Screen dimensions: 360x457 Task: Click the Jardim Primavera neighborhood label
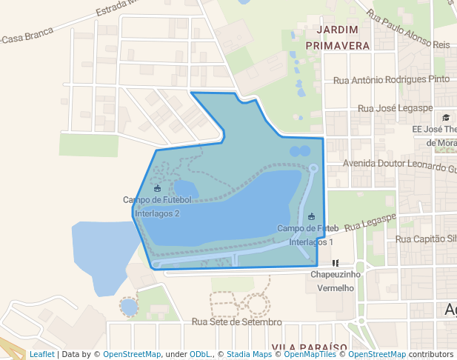tap(342, 37)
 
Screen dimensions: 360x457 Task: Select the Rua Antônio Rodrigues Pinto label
tap(392, 79)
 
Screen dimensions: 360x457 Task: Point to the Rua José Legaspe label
tap(395, 108)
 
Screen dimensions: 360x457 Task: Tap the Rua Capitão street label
tap(426, 239)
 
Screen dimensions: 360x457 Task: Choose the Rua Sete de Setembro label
tap(237, 321)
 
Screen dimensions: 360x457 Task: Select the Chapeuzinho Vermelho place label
tap(335, 281)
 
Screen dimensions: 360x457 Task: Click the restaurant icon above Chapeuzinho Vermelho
tap(336, 262)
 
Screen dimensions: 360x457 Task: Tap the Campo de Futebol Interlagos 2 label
tap(157, 206)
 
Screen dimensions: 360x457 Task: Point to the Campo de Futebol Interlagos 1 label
tap(310, 235)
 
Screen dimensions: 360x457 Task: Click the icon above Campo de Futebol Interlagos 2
tap(156, 188)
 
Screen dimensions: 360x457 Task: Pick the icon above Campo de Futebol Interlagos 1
tap(311, 216)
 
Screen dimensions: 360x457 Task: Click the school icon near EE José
tap(446, 117)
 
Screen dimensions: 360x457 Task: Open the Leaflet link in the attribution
tap(41, 354)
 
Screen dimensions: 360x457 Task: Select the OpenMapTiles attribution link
tap(310, 354)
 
